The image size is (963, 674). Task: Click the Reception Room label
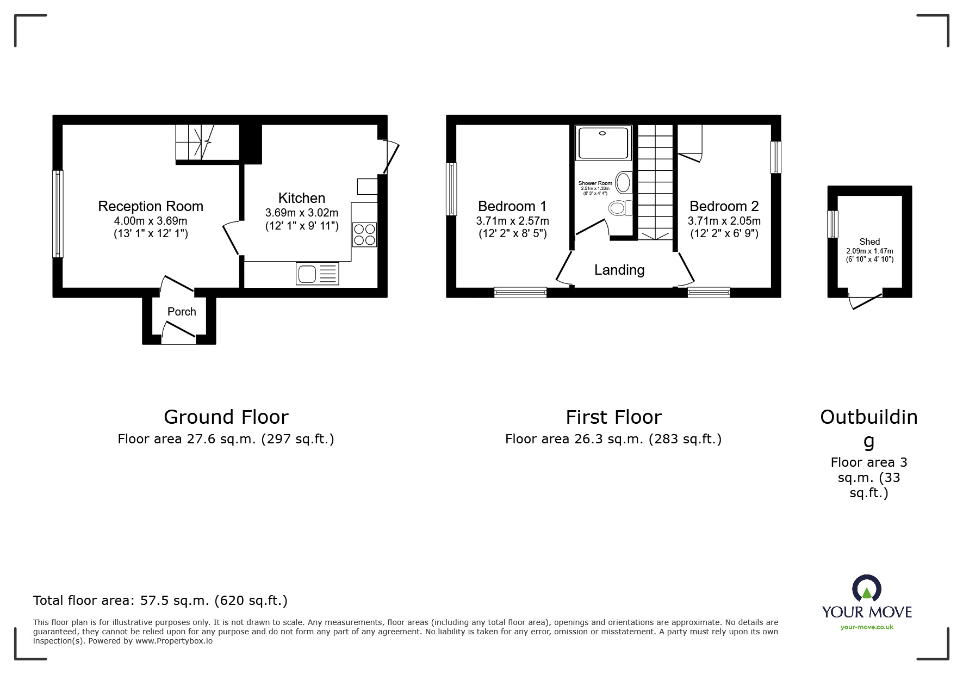[x=151, y=206]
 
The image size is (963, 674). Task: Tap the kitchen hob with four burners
[x=364, y=234]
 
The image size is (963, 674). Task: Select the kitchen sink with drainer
[x=318, y=273]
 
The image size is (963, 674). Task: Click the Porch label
[x=182, y=312]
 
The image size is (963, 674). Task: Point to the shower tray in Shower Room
[x=603, y=143]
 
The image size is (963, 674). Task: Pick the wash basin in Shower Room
[x=624, y=182]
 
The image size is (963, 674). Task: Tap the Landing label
[x=619, y=270]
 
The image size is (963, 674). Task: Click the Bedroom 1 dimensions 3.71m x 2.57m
[x=512, y=221]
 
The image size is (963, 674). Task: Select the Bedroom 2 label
[x=724, y=206]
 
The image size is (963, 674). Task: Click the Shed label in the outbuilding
[x=869, y=242]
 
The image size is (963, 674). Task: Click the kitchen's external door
[x=391, y=157]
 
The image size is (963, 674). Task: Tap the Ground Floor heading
[x=226, y=417]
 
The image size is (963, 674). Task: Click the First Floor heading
[x=613, y=417]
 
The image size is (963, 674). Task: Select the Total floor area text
[x=160, y=601]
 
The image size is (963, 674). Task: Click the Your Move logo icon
[x=867, y=589]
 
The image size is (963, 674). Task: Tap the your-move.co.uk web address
[x=867, y=627]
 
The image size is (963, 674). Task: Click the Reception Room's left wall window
[x=58, y=214]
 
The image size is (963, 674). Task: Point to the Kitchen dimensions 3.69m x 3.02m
[x=302, y=213]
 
